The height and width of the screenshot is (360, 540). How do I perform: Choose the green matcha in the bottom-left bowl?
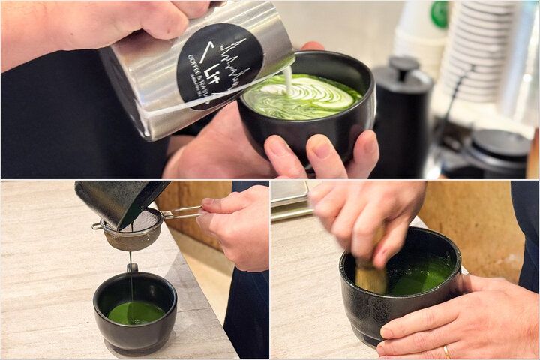click(136, 312)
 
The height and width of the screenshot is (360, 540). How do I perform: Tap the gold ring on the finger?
click(447, 351)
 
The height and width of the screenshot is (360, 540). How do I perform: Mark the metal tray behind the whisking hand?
click(288, 199)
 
